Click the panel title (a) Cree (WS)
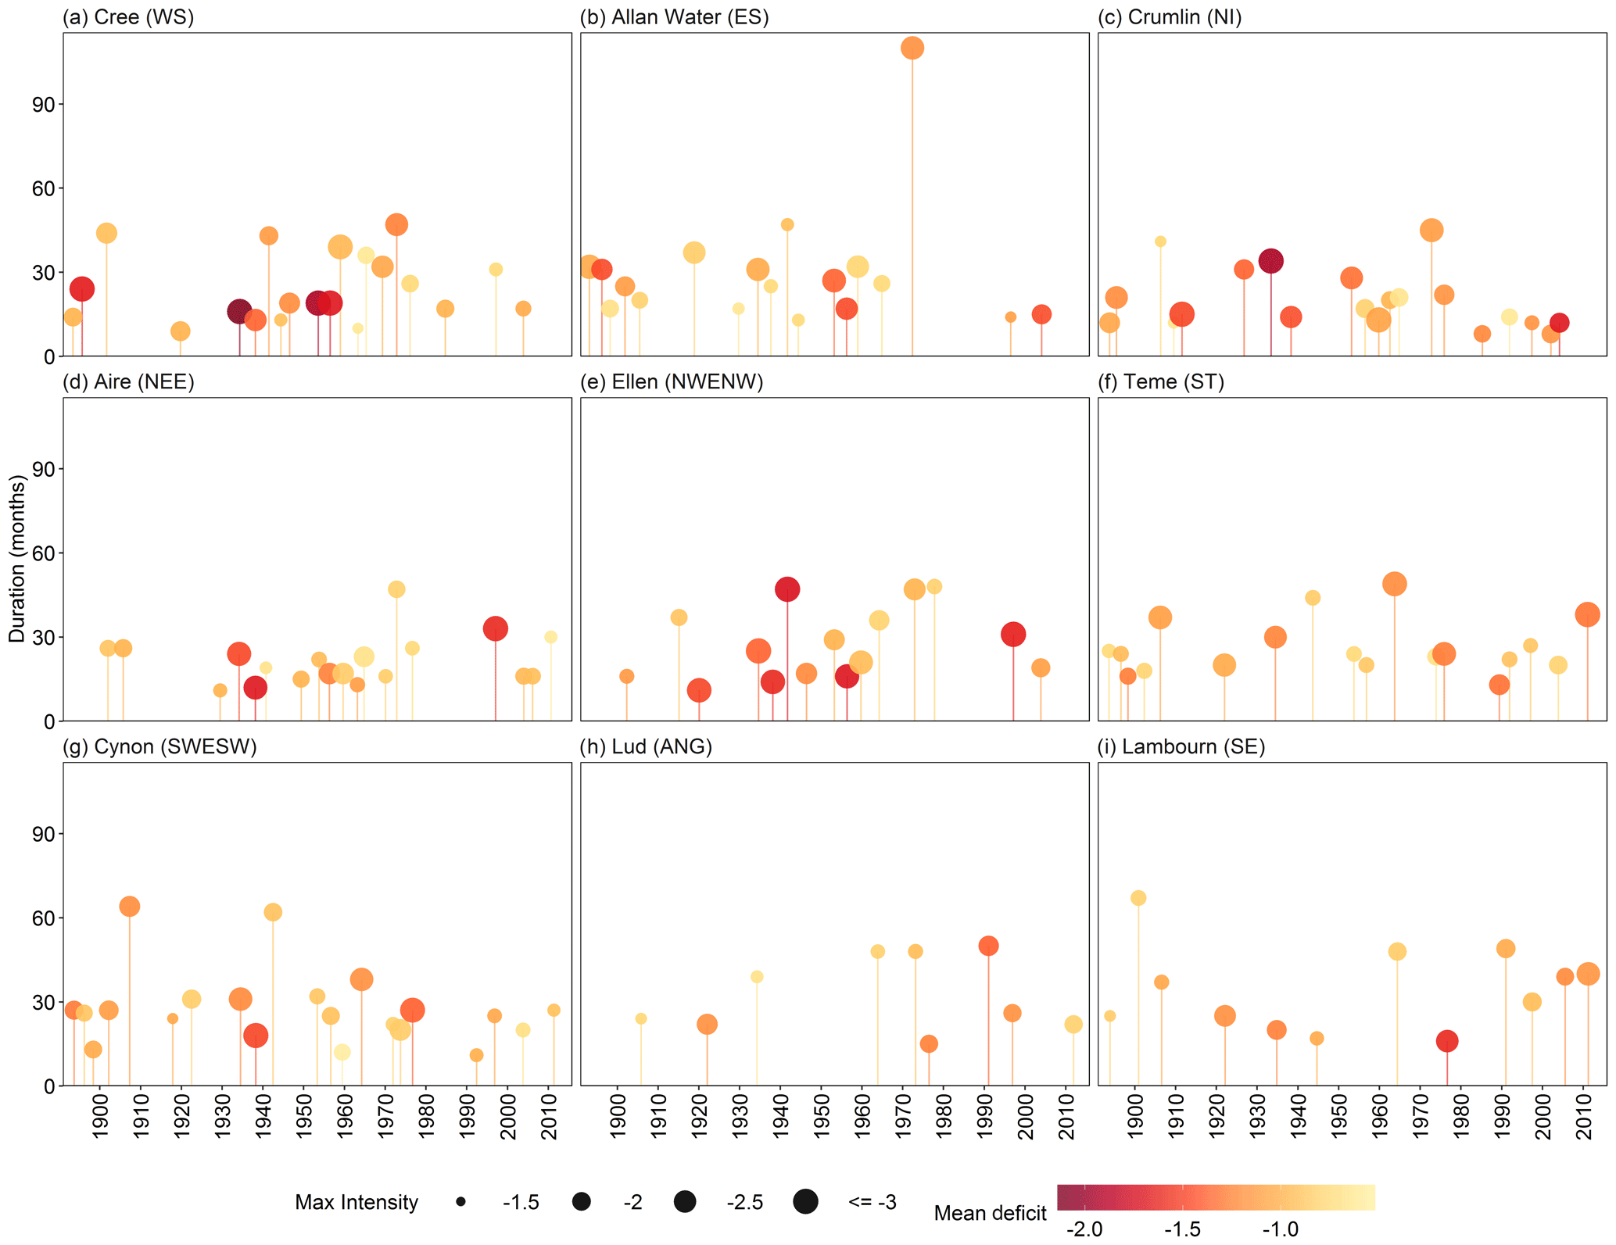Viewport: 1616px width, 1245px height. pos(128,17)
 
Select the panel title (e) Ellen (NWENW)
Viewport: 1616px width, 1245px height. pos(672,382)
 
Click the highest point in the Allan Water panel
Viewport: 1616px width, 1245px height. pos(912,48)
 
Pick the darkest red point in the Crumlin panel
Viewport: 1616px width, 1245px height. pos(1270,261)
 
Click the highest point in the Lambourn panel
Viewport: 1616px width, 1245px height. pos(1138,898)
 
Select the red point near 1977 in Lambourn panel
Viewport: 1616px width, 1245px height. pos(1447,1041)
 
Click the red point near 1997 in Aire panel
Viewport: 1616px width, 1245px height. pos(495,628)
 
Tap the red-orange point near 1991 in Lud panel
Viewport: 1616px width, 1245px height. pos(988,946)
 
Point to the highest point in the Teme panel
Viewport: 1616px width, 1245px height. pos(1394,584)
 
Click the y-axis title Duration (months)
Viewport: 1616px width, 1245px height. pos(17,559)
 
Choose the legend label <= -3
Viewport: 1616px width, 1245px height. pos(872,1202)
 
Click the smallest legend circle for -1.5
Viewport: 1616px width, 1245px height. pos(461,1202)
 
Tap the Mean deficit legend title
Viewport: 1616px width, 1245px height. pos(990,1213)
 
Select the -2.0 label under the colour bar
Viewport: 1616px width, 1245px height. pos(1084,1229)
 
